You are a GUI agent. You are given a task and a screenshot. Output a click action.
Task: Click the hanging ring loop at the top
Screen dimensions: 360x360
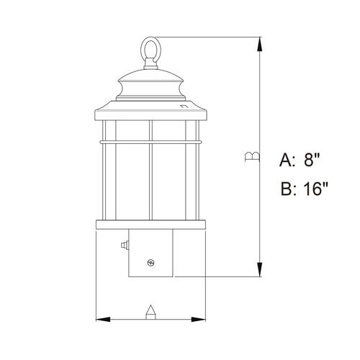coord(141,49)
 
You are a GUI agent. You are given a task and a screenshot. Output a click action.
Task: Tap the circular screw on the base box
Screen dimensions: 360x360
coord(150,263)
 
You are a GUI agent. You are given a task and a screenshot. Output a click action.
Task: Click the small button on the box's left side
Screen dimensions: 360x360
coord(125,245)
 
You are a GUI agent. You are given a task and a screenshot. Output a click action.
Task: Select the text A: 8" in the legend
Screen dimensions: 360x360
coord(300,160)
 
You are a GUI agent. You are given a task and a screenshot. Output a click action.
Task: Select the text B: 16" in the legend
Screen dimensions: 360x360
coord(305,189)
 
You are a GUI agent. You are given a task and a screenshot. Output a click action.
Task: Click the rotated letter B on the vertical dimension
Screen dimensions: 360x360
coord(252,156)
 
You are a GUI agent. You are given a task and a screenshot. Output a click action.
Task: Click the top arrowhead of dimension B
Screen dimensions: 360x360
coord(259,45)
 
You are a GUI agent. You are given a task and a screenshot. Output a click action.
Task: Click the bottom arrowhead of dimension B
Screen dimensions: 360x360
coord(259,269)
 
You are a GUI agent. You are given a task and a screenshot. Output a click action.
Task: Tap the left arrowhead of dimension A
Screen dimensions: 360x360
coord(103,320)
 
